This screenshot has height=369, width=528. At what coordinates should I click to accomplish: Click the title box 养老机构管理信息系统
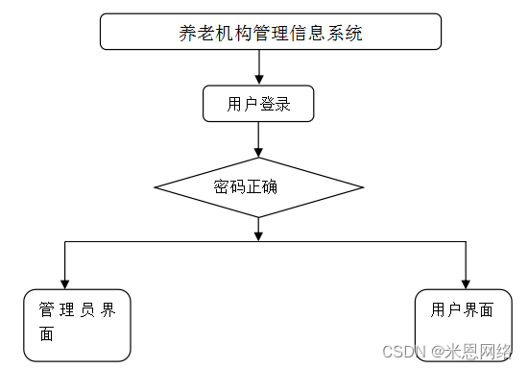[271, 32]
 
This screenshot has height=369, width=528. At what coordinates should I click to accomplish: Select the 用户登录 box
[259, 104]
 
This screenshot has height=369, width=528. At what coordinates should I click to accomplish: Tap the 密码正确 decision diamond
[259, 187]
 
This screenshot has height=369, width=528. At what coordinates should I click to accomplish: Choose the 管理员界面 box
[78, 324]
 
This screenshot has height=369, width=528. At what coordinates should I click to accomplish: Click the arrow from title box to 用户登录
[259, 66]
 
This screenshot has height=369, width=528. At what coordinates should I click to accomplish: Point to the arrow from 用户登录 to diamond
[259, 139]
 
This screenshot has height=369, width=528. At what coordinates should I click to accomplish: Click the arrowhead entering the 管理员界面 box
[64, 283]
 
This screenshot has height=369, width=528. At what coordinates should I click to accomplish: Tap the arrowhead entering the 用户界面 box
[466, 283]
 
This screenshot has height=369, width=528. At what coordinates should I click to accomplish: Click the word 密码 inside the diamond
[229, 185]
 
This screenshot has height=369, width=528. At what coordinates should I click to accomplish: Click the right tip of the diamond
[362, 187]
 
